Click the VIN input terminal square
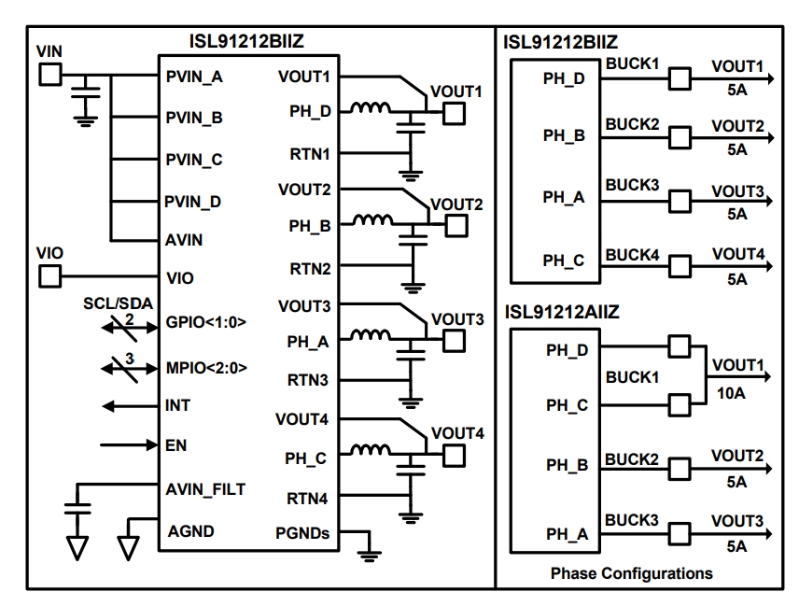50,75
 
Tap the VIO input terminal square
49,276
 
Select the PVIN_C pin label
194,160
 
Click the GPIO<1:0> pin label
205,321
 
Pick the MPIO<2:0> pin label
206,367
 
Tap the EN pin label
176,445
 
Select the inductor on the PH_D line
371,109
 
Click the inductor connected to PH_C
371,454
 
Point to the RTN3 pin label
309,381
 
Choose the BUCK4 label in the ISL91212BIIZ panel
632,254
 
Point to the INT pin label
178,406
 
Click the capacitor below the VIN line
88,96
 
